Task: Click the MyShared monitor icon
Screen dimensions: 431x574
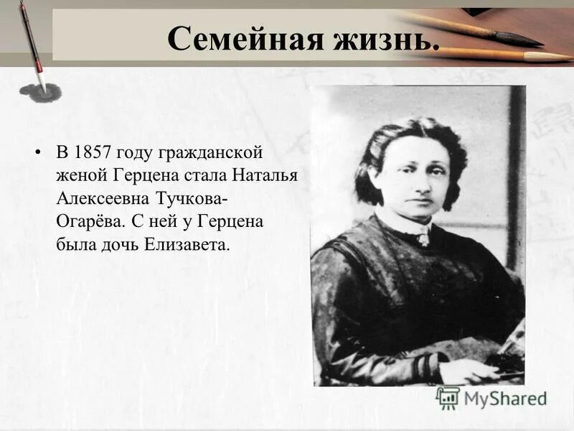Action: pos(448,397)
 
